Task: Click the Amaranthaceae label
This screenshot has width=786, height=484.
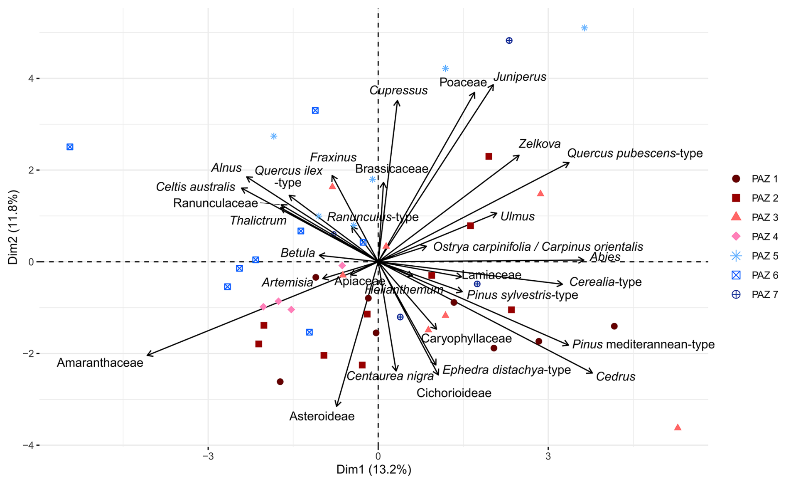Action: click(x=100, y=363)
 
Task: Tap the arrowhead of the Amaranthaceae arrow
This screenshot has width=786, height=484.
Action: click(x=148, y=355)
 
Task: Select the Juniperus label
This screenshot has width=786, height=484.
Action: click(x=520, y=77)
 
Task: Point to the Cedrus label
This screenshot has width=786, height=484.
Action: click(x=615, y=377)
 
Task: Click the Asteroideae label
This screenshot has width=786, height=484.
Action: click(x=322, y=416)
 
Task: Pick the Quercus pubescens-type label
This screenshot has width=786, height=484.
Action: click(x=634, y=153)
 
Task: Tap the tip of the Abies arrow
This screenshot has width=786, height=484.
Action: click(x=584, y=260)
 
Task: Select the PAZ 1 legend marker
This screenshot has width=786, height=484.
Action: click(x=736, y=179)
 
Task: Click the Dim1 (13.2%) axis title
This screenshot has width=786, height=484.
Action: click(x=373, y=470)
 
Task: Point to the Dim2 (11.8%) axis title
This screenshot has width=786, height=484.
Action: click(x=13, y=227)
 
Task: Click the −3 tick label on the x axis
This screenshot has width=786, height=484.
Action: click(x=208, y=457)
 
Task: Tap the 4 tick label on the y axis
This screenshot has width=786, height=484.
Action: click(x=31, y=78)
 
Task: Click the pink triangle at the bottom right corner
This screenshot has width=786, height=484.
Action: click(x=678, y=427)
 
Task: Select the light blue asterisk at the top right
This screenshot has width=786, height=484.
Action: click(x=584, y=28)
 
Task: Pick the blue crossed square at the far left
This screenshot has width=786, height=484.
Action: click(x=70, y=147)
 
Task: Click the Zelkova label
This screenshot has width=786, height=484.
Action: click(x=539, y=144)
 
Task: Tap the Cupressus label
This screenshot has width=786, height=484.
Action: click(x=398, y=91)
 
